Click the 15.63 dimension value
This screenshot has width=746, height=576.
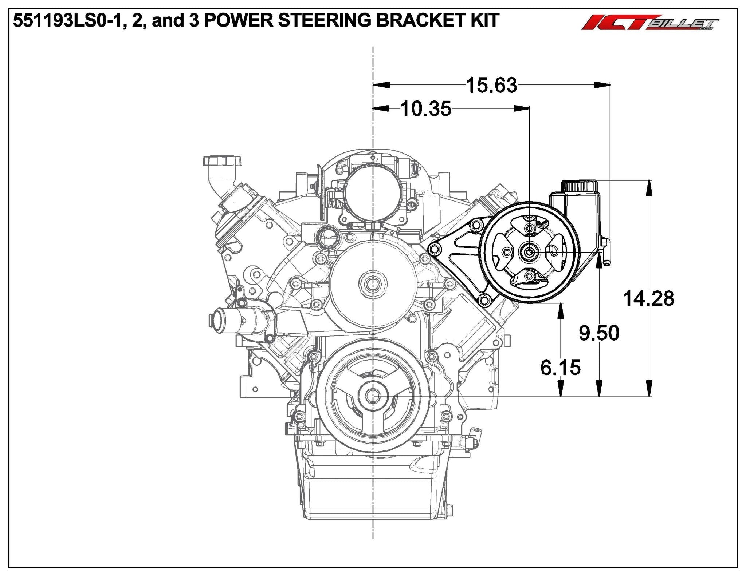(491, 86)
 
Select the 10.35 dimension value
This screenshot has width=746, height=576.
(426, 108)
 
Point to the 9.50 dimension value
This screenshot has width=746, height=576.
(599, 333)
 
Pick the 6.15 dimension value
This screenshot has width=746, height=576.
(560, 368)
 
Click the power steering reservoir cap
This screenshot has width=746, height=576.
(579, 186)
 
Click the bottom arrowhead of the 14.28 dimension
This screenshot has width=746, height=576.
(649, 391)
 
